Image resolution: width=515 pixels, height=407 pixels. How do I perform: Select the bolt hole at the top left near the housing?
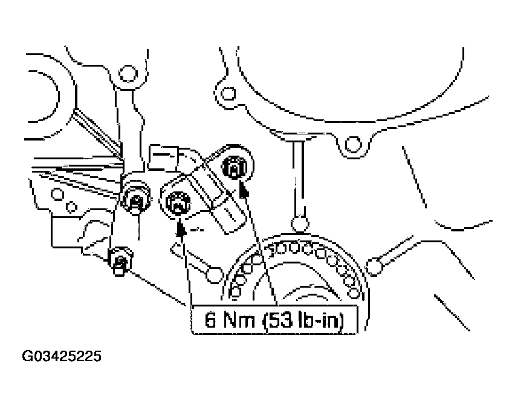click(x=126, y=74)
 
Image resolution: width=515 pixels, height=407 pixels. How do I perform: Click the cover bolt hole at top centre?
click(x=228, y=94)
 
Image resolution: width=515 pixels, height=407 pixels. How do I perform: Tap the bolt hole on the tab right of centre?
click(x=352, y=144)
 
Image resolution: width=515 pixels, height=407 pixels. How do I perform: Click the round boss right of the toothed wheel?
click(x=375, y=265)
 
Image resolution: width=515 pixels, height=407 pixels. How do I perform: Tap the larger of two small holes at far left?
click(x=58, y=194)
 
